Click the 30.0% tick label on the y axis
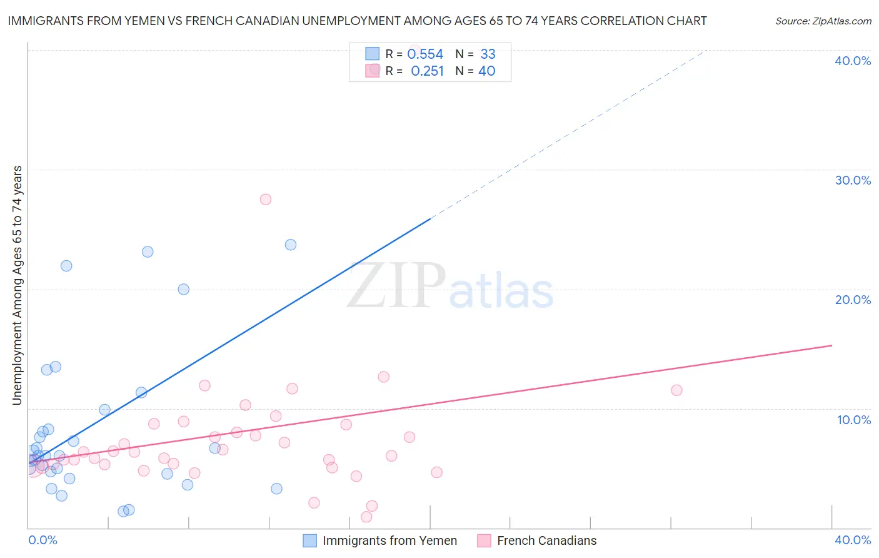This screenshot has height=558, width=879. pyautogui.click(x=853, y=180)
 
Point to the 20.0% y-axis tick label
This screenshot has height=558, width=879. pyautogui.click(x=853, y=300)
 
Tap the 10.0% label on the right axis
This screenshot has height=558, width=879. pyautogui.click(x=854, y=420)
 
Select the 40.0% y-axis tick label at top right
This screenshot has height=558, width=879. pyautogui.click(x=853, y=61)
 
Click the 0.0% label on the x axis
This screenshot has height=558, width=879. pyautogui.click(x=43, y=540)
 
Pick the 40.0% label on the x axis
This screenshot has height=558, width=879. pyautogui.click(x=853, y=540)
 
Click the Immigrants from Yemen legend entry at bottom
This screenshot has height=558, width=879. pyautogui.click(x=389, y=540)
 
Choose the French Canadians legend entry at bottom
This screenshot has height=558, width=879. pyautogui.click(x=546, y=540)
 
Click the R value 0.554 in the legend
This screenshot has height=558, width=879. pyautogui.click(x=425, y=54)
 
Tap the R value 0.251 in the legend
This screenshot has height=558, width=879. pyautogui.click(x=427, y=71)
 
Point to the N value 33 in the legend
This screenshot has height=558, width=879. pyautogui.click(x=488, y=54)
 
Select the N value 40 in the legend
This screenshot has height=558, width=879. pyautogui.click(x=486, y=71)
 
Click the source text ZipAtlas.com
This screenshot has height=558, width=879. pyautogui.click(x=823, y=21)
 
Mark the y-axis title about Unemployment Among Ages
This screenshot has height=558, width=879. pyautogui.click(x=17, y=285)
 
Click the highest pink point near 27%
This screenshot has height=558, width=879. pyautogui.click(x=266, y=200)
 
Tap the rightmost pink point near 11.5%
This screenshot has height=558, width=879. pyautogui.click(x=676, y=390)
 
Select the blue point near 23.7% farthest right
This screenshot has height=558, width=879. pyautogui.click(x=291, y=245)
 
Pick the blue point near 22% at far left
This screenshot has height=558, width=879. pyautogui.click(x=66, y=266)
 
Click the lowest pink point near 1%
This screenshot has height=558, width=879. pyautogui.click(x=366, y=517)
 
